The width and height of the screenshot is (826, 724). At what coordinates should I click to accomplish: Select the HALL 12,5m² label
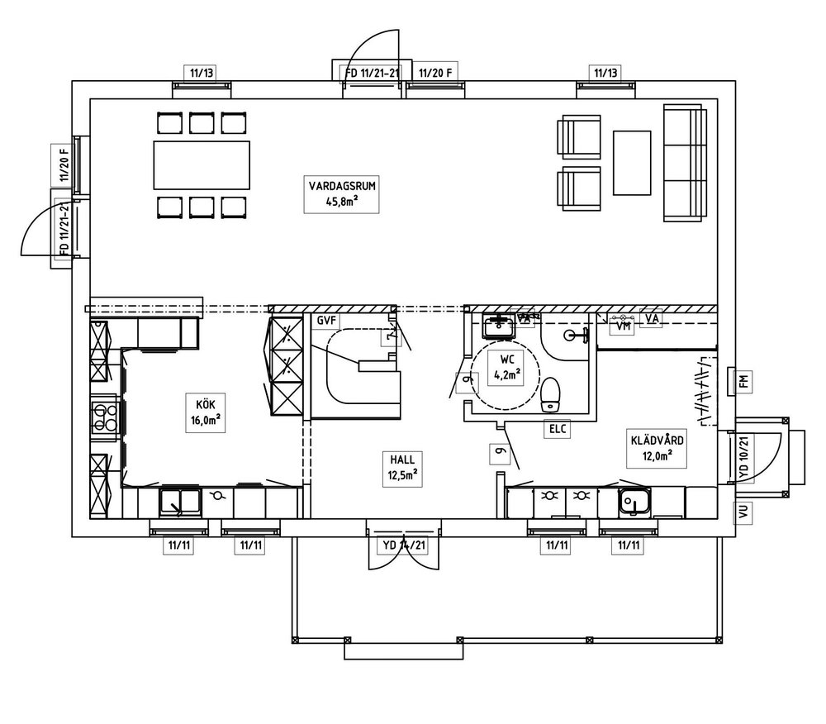(x=403, y=466)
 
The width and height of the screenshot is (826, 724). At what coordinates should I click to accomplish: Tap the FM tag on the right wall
(x=743, y=382)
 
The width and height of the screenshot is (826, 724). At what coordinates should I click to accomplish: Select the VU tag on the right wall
(x=743, y=512)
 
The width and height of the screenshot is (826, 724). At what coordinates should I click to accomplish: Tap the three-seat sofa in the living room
(x=683, y=162)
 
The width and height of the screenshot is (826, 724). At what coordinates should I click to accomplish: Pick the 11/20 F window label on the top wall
(x=435, y=73)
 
